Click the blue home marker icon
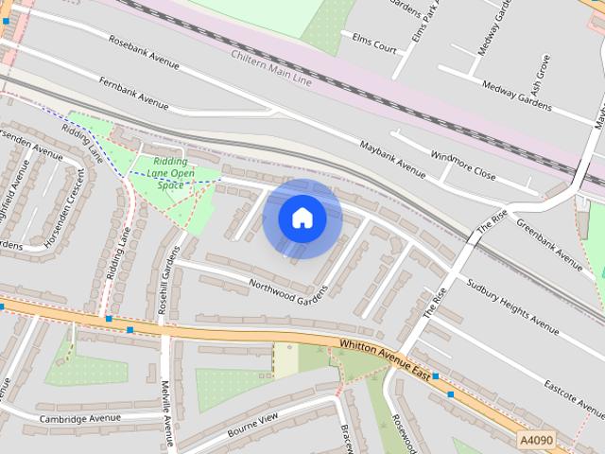click(302, 218)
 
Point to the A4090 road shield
click(536, 440)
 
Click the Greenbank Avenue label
click(549, 248)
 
